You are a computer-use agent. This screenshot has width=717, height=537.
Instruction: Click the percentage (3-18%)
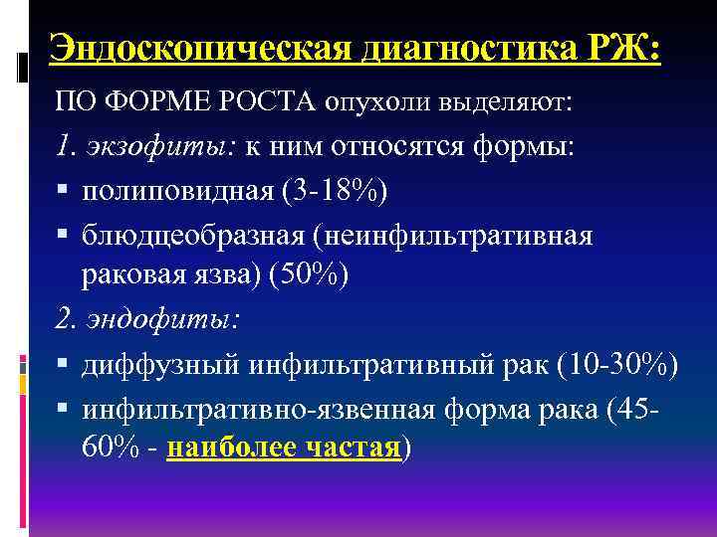[x=335, y=191]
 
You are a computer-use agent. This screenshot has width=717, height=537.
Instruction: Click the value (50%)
[x=309, y=275]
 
